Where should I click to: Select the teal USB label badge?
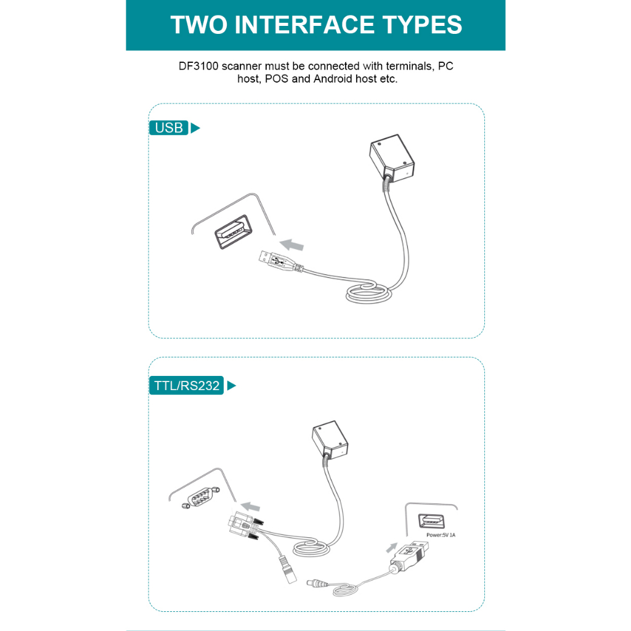[169, 128]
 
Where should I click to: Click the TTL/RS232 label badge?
[186, 386]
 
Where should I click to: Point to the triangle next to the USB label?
[195, 128]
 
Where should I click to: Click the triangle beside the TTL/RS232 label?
[231, 386]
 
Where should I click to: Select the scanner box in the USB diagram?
[392, 158]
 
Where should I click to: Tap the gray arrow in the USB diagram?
[291, 245]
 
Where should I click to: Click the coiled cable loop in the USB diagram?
[368, 293]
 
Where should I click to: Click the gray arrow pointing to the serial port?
[250, 507]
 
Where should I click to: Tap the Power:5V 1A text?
[441, 535]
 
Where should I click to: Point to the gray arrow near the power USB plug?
[391, 547]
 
